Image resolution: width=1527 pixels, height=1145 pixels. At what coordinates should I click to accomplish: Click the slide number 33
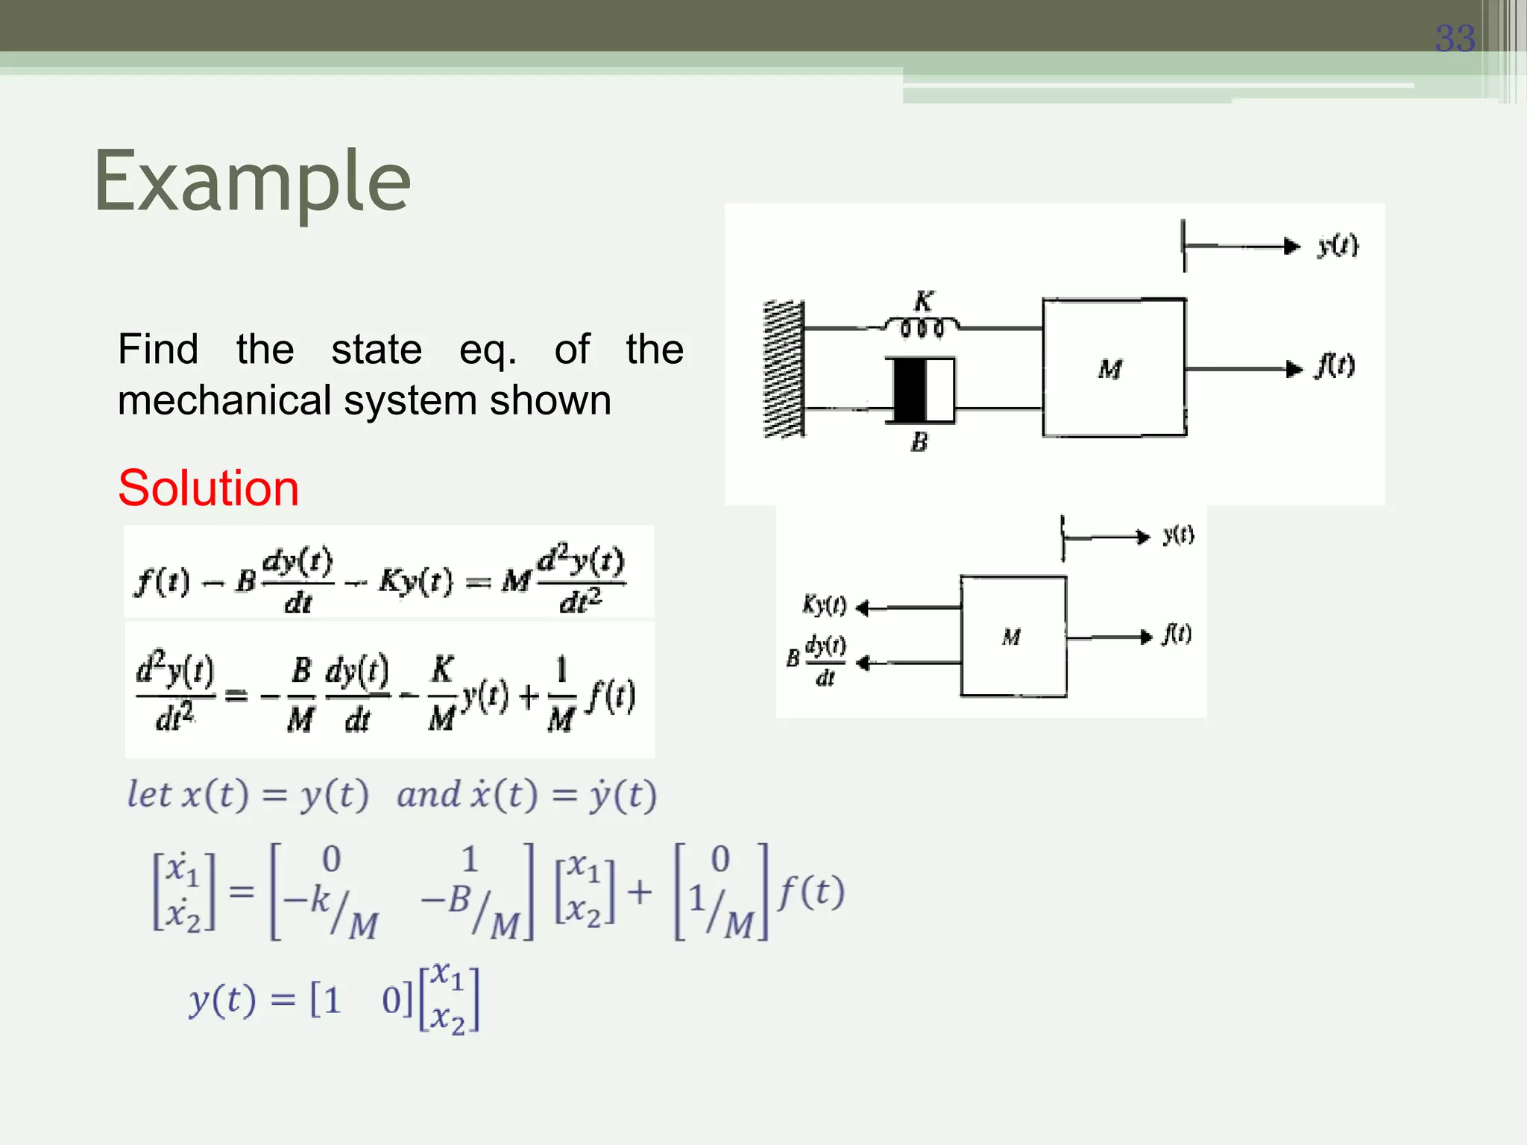point(1455,39)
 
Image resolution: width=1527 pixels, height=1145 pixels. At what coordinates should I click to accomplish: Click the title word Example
point(252,181)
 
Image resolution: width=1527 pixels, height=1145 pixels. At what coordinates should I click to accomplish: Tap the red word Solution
point(208,488)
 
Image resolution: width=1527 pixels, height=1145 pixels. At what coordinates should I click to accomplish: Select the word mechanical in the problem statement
point(224,400)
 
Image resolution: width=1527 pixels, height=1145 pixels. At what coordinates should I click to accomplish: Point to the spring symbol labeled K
point(922,327)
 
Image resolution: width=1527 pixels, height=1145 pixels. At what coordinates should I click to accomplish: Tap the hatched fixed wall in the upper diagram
point(784,368)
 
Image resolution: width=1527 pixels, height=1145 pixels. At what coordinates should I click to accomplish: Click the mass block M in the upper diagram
point(1113,368)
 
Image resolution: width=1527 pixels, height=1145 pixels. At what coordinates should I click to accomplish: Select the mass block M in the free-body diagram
point(1013,637)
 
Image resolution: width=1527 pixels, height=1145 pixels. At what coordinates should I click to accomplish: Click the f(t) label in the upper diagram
point(1335,366)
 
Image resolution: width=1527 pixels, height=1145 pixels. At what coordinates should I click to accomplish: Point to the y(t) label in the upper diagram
point(1338,245)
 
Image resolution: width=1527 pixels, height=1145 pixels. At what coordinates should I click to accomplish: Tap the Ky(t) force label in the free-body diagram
point(824,605)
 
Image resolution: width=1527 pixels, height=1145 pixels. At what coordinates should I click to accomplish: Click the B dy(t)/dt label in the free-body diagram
point(818,660)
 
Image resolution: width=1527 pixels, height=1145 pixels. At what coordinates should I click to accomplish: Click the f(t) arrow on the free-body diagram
point(1111,637)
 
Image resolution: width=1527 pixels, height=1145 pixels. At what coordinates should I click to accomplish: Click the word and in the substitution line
point(428,795)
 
